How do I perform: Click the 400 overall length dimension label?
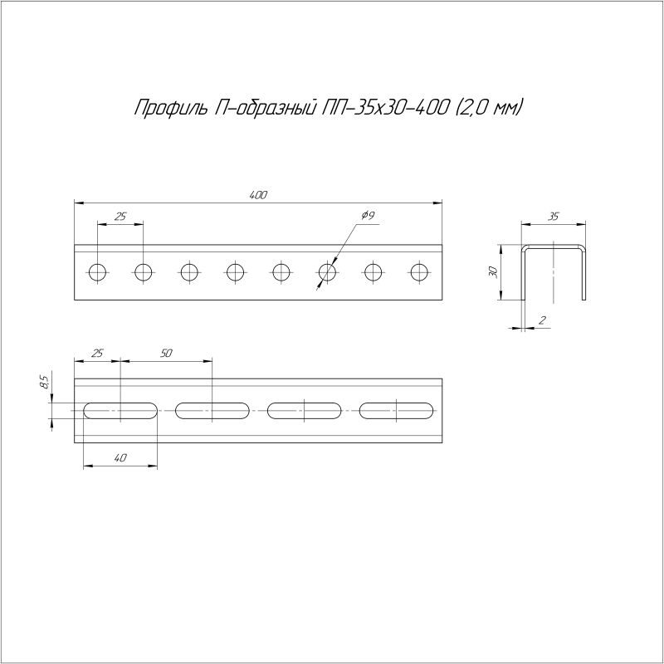click(x=258, y=195)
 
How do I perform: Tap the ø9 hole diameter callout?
click(x=368, y=216)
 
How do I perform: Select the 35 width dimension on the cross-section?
click(x=554, y=217)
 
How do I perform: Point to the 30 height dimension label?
click(x=492, y=272)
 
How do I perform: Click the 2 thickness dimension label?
click(x=542, y=320)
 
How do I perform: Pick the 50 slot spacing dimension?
click(x=167, y=354)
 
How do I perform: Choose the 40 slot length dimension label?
click(x=120, y=458)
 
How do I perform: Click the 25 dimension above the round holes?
click(x=120, y=217)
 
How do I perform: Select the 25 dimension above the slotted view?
click(x=97, y=354)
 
